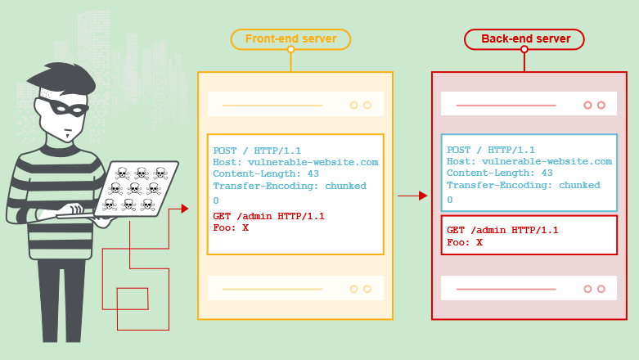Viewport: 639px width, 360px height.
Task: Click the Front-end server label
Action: tap(290, 38)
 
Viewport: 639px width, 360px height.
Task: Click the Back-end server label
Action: tap(524, 38)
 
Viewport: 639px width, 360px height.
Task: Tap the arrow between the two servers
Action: tap(412, 196)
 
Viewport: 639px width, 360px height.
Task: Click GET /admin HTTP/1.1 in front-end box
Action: tap(268, 216)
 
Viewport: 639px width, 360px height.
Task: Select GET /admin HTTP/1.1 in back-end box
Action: tap(502, 230)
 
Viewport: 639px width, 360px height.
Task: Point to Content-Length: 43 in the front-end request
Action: tap(266, 174)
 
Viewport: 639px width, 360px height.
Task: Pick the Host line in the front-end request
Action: tap(295, 162)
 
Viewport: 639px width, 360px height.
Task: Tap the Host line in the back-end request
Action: tap(529, 162)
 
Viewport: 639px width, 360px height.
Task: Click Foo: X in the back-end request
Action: tap(465, 242)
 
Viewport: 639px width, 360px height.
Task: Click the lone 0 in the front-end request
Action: tap(216, 200)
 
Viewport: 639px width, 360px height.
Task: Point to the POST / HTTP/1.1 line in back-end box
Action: tap(491, 150)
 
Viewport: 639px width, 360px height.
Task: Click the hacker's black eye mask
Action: tap(64, 108)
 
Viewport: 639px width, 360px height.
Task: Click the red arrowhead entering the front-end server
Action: tap(184, 209)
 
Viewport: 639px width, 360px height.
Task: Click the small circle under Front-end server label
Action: tap(290, 50)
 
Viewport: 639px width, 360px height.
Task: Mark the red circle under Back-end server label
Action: tap(524, 50)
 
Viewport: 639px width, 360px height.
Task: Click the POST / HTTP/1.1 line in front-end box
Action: tap(257, 151)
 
